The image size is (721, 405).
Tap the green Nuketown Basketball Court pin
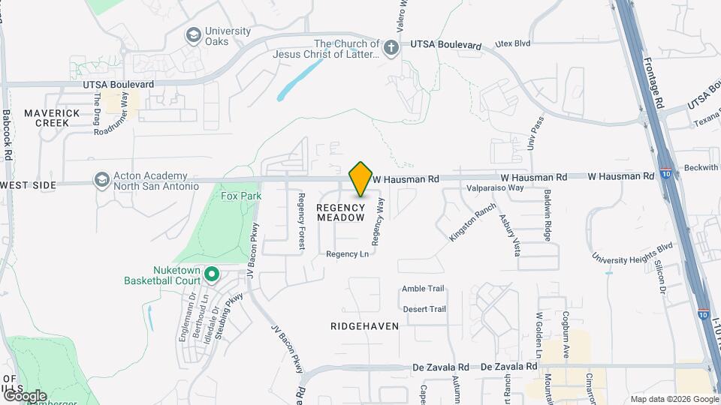[x=212, y=276]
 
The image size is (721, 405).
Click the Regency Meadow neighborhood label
[x=340, y=212]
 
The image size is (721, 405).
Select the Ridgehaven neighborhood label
[x=364, y=326]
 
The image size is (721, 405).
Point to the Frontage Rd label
[x=653, y=82]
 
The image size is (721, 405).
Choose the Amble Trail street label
[x=424, y=289]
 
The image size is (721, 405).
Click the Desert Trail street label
[x=424, y=309]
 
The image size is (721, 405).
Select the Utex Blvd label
[x=512, y=43]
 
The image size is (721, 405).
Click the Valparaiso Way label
[x=495, y=188]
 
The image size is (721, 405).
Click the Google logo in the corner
[x=25, y=395]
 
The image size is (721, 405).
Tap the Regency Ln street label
[x=347, y=254]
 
